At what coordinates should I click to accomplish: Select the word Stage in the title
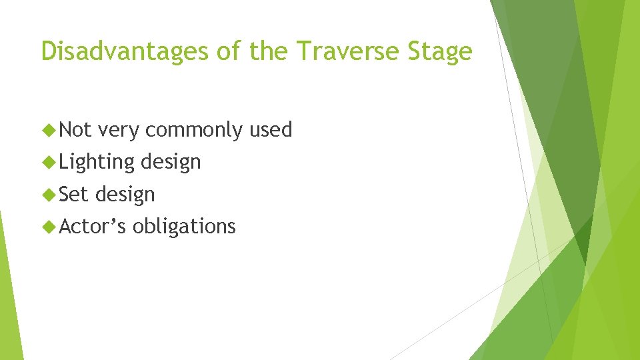(x=440, y=51)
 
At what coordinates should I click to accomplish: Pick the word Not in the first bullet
(x=75, y=129)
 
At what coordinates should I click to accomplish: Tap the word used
(x=271, y=130)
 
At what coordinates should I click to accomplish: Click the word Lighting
(x=97, y=162)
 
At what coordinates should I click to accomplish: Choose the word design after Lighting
(x=171, y=162)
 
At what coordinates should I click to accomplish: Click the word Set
(x=74, y=194)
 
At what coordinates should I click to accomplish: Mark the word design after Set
(x=125, y=194)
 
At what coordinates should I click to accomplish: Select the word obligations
(x=184, y=227)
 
